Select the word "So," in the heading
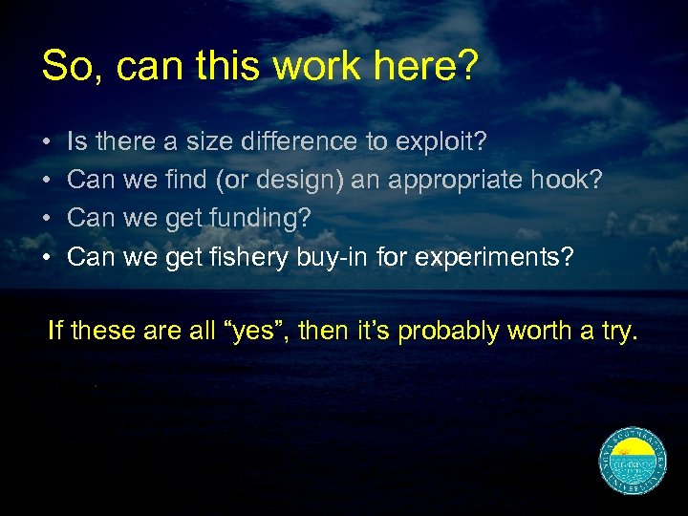tap(67, 66)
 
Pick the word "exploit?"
tap(439, 142)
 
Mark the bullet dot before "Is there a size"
tap(47, 142)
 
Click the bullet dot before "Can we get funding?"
tap(47, 219)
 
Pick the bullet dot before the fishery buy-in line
tap(47, 257)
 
